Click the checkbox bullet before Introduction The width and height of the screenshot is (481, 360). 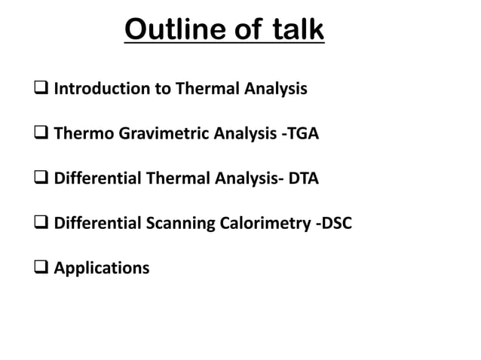[x=42, y=90]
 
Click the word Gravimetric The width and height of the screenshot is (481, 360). [x=150, y=134]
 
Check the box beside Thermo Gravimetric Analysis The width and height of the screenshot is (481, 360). [x=42, y=135]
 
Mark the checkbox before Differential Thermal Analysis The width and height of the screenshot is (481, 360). [x=42, y=179]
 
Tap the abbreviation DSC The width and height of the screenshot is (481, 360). [x=335, y=224]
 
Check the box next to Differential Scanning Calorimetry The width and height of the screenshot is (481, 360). [x=42, y=224]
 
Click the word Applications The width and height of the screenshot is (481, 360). [x=102, y=268]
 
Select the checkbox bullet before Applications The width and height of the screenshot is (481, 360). [x=42, y=269]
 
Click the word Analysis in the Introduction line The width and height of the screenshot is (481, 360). [x=277, y=89]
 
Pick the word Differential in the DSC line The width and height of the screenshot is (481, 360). [x=97, y=224]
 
